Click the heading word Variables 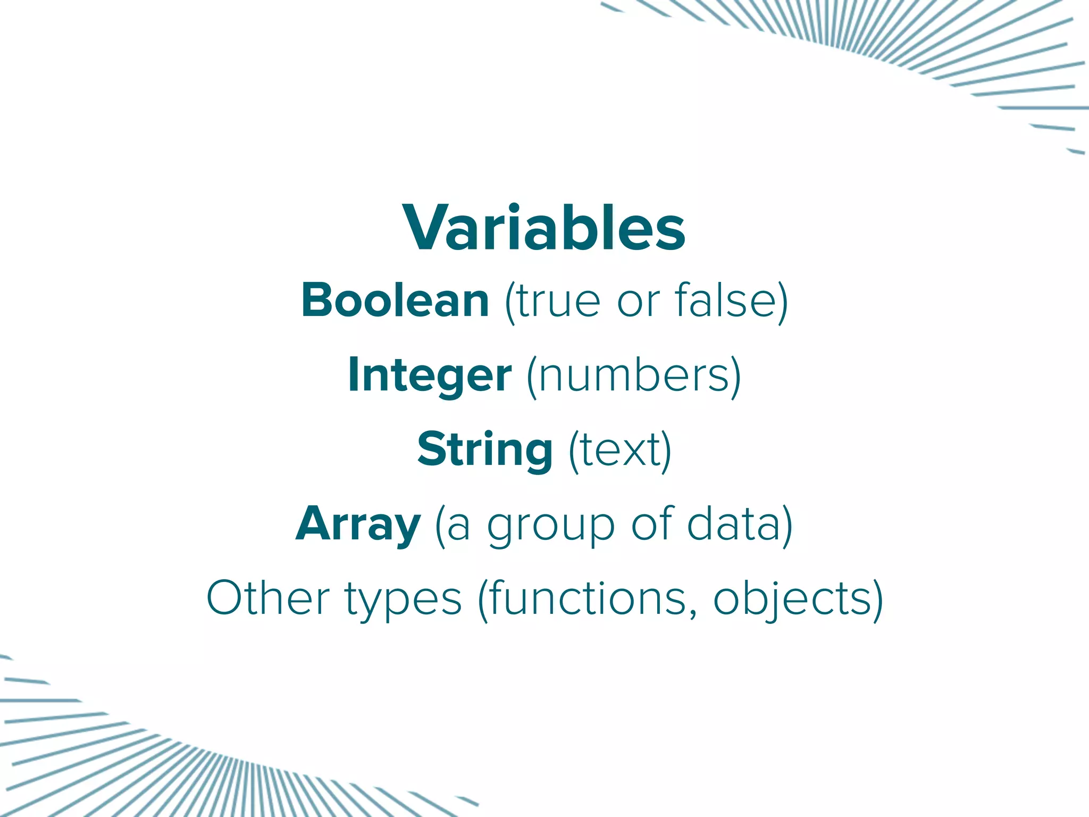tap(544, 228)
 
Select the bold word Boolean tap(395, 301)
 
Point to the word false tap(726, 301)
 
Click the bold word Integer tap(430, 376)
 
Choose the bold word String tap(485, 450)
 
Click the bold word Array tap(358, 524)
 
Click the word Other tap(268, 599)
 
